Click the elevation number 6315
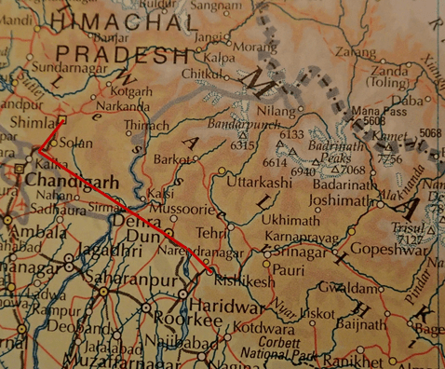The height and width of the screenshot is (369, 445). (x=242, y=145)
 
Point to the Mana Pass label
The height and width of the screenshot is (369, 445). (x=382, y=110)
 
